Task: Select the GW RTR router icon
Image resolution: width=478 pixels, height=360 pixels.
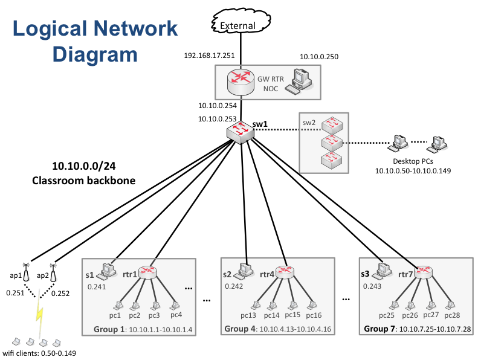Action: click(x=241, y=82)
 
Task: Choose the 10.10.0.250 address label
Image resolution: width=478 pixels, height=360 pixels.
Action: click(x=319, y=57)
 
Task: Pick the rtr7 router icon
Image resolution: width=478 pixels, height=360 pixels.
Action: click(x=424, y=273)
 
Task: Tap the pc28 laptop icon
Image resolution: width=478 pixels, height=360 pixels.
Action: click(x=450, y=305)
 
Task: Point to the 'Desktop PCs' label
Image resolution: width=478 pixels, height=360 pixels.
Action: click(x=413, y=161)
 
